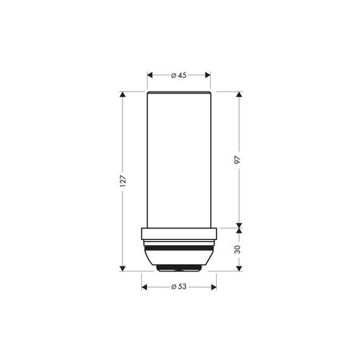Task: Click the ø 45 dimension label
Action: click(x=179, y=76)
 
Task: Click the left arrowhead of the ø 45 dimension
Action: click(x=150, y=76)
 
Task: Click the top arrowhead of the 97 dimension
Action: click(x=238, y=94)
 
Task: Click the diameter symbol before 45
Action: click(x=174, y=76)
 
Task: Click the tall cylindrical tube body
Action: click(x=179, y=158)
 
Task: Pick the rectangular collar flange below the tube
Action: click(x=179, y=233)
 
